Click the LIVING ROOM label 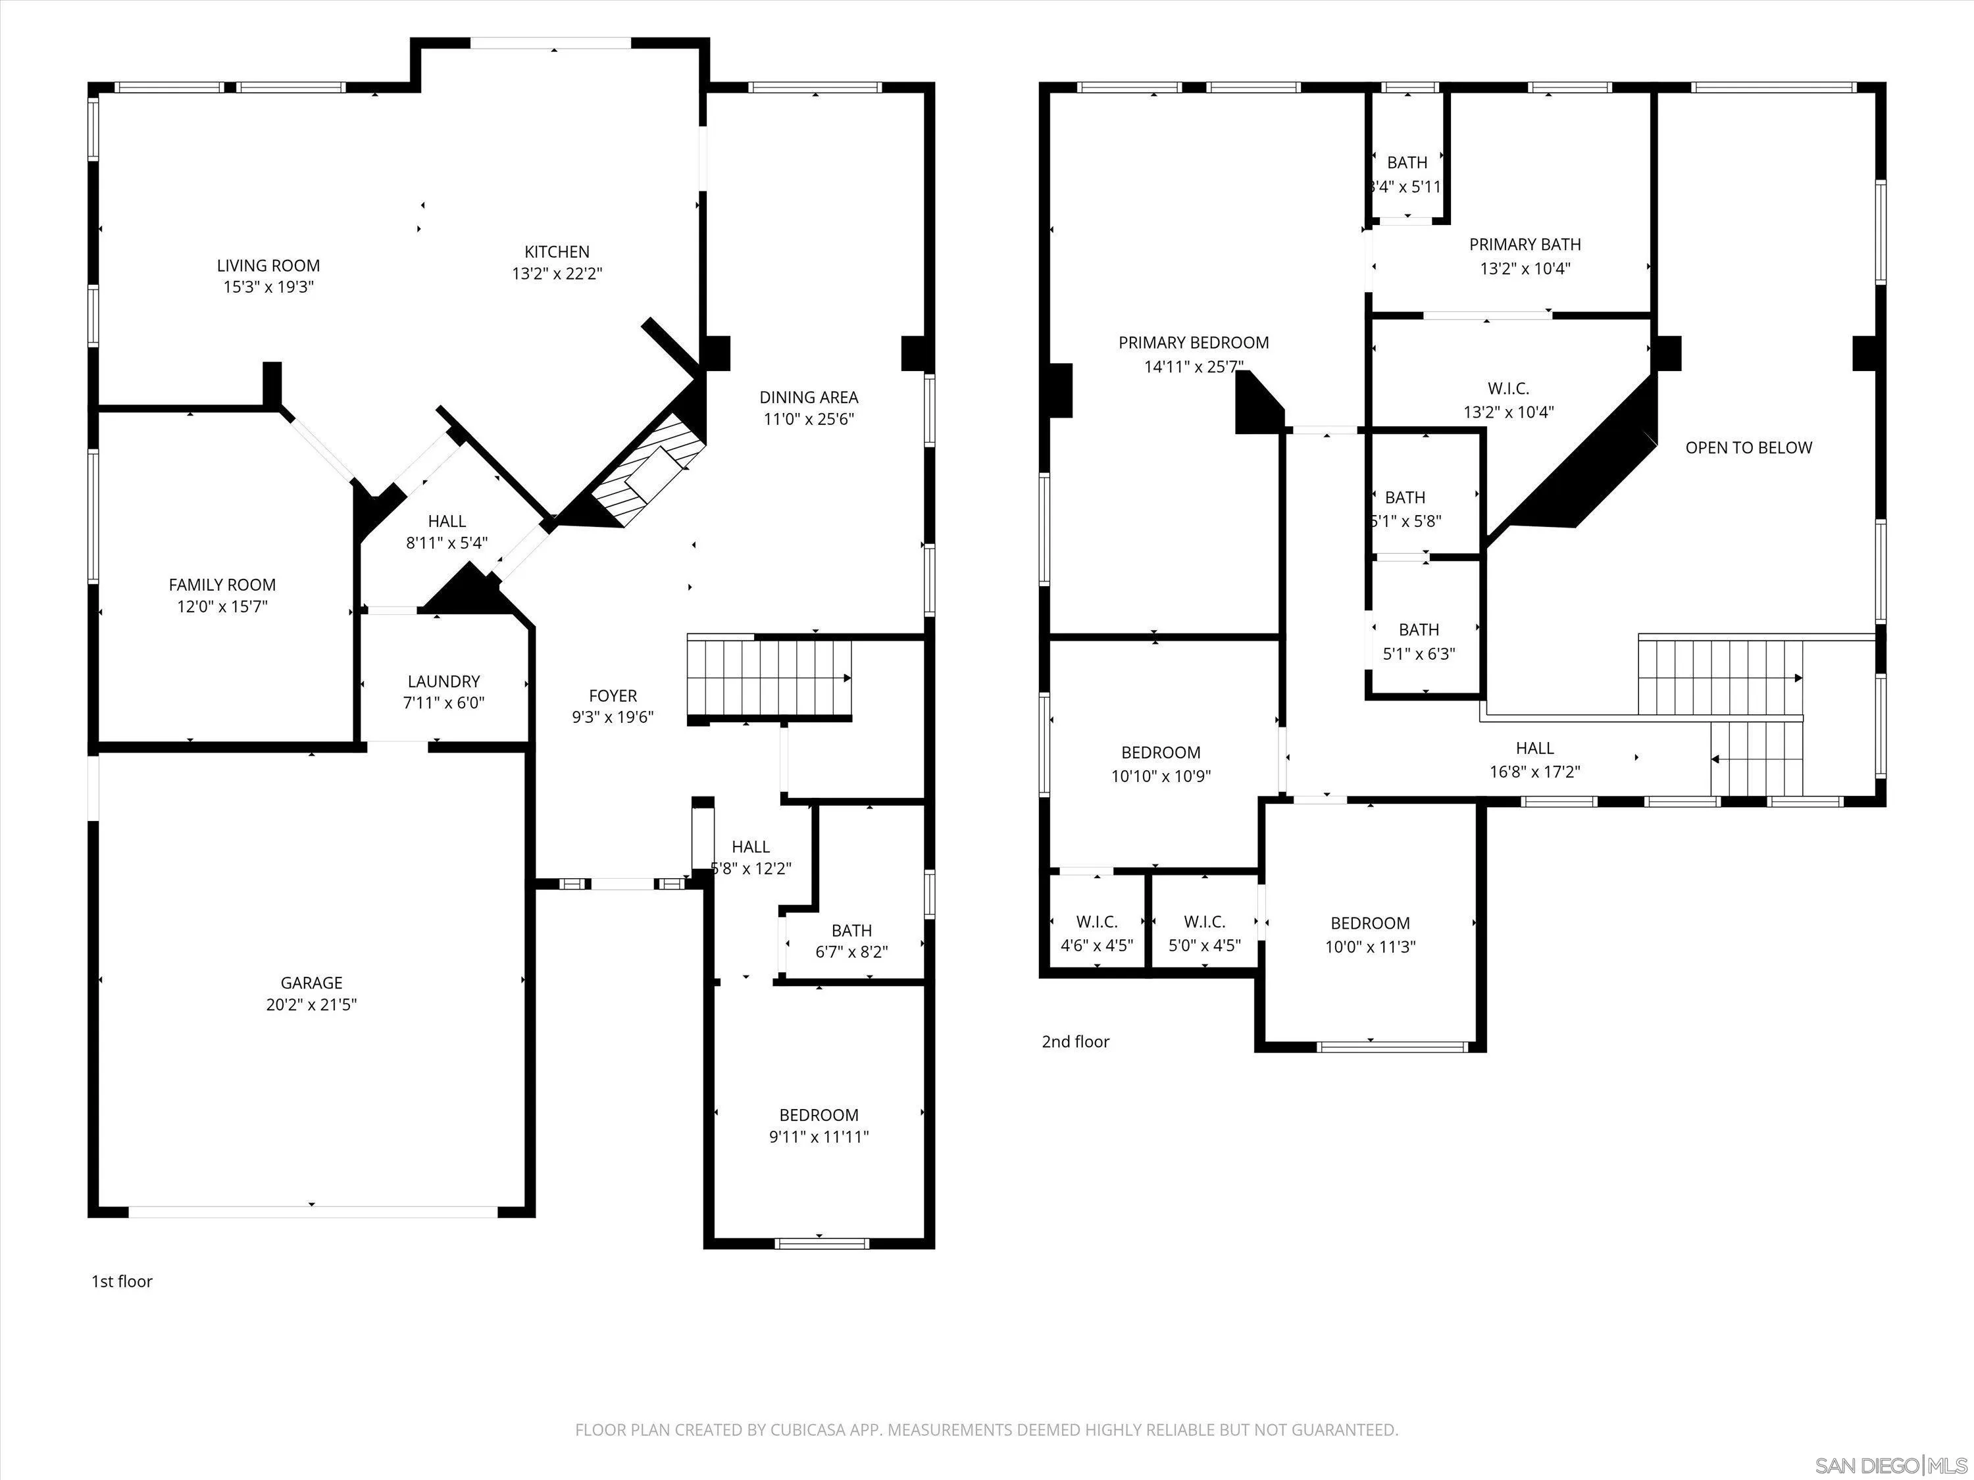pos(268,265)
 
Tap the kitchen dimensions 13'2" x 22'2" pos(557,274)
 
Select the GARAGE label pos(311,982)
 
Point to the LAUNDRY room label pos(443,681)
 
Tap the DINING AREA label pos(809,397)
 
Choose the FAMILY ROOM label pos(222,584)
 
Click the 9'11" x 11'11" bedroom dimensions pos(819,1137)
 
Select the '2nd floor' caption pos(1075,1041)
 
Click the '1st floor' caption pos(122,1281)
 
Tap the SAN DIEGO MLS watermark pos(1891,1465)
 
